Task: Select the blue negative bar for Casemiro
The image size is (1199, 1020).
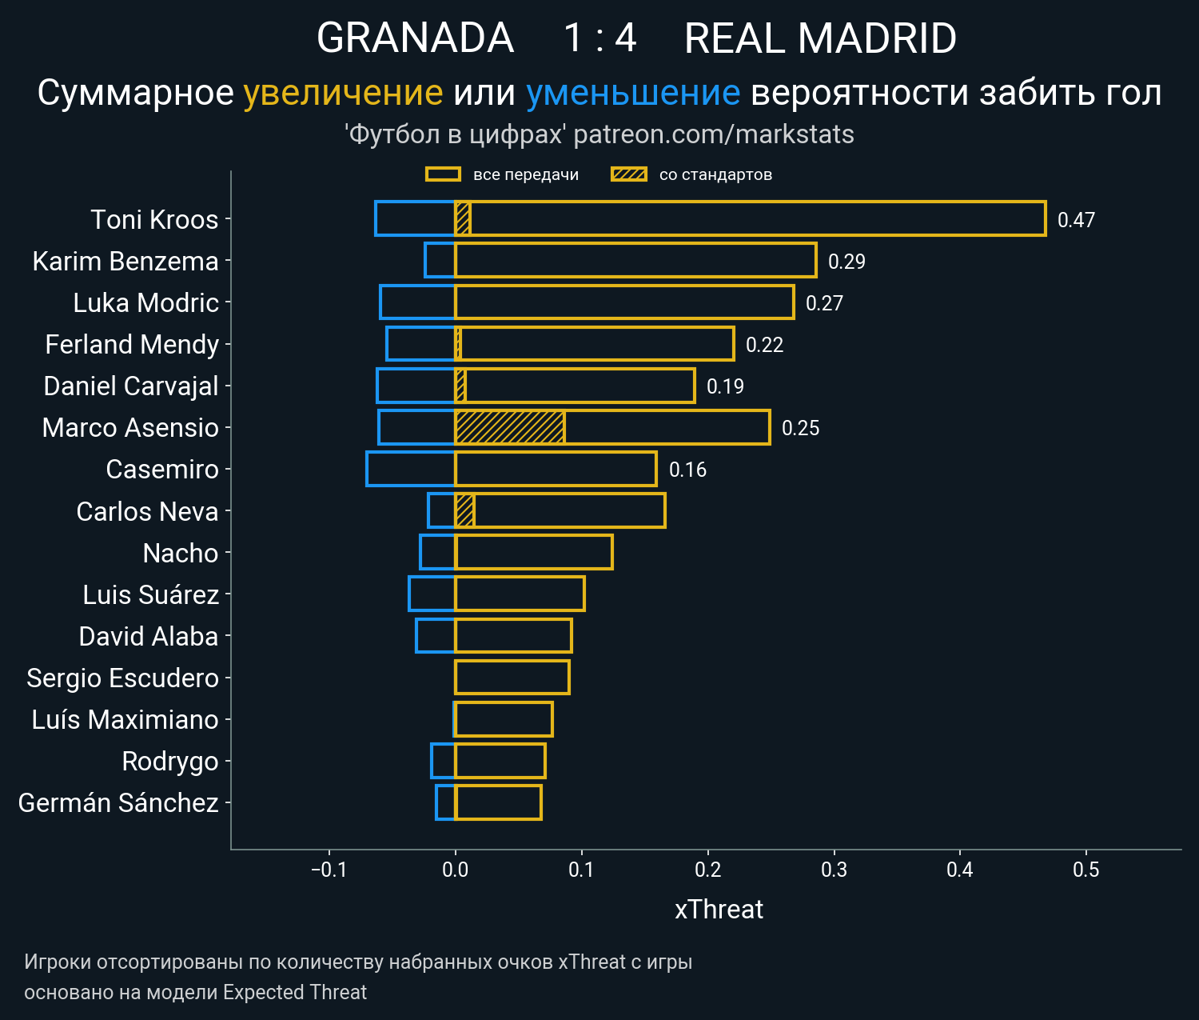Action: click(x=411, y=469)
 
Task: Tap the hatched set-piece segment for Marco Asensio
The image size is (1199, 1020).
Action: click(x=509, y=427)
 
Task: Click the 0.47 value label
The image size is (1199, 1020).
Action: click(x=1076, y=220)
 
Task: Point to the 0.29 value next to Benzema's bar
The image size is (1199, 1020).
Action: click(x=846, y=262)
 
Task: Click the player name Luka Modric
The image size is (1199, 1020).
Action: click(x=145, y=303)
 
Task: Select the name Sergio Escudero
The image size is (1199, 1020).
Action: click(x=122, y=678)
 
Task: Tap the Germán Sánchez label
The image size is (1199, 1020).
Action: click(x=118, y=803)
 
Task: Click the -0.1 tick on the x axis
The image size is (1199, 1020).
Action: click(x=329, y=870)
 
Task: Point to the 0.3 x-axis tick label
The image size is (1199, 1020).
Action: click(x=834, y=870)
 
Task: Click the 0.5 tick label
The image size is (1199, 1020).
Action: click(x=1085, y=870)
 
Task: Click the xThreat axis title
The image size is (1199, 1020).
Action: click(x=719, y=910)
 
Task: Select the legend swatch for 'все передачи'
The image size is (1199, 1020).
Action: click(x=443, y=174)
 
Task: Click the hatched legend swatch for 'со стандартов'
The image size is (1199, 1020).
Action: click(x=628, y=174)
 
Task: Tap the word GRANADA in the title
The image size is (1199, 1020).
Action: click(x=415, y=38)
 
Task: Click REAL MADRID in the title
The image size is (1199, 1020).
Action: click(x=820, y=38)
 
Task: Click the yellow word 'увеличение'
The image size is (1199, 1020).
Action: click(x=343, y=93)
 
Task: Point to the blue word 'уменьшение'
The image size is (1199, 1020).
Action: click(x=633, y=93)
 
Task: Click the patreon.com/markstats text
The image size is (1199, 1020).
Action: click(x=714, y=134)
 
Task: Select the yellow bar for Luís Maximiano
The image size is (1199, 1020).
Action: click(x=504, y=719)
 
